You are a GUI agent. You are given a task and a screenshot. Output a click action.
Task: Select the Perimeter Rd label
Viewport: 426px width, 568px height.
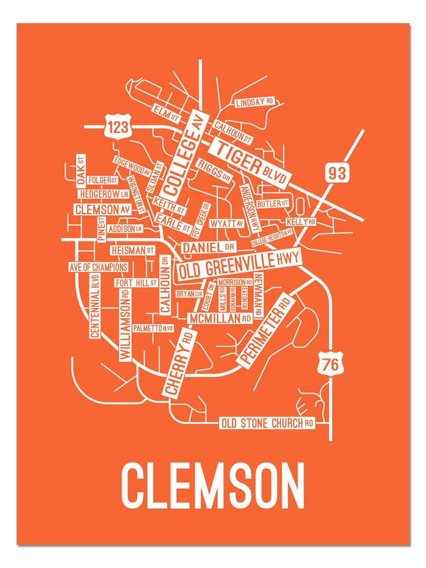pyautogui.click(x=265, y=329)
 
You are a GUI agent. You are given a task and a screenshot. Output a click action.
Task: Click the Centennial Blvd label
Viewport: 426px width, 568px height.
pyautogui.click(x=95, y=306)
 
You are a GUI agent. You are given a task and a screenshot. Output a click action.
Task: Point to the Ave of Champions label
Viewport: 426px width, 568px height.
pyautogui.click(x=98, y=267)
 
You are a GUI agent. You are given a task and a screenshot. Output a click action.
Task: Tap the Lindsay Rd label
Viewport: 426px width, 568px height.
pyautogui.click(x=255, y=102)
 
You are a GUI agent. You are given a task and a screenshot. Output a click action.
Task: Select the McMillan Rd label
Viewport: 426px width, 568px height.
pyautogui.click(x=220, y=319)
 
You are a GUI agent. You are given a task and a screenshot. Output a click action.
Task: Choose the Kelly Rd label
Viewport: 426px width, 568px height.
pyautogui.click(x=301, y=222)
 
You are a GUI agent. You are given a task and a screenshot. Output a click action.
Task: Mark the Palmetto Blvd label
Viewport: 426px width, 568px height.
pyautogui.click(x=153, y=328)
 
